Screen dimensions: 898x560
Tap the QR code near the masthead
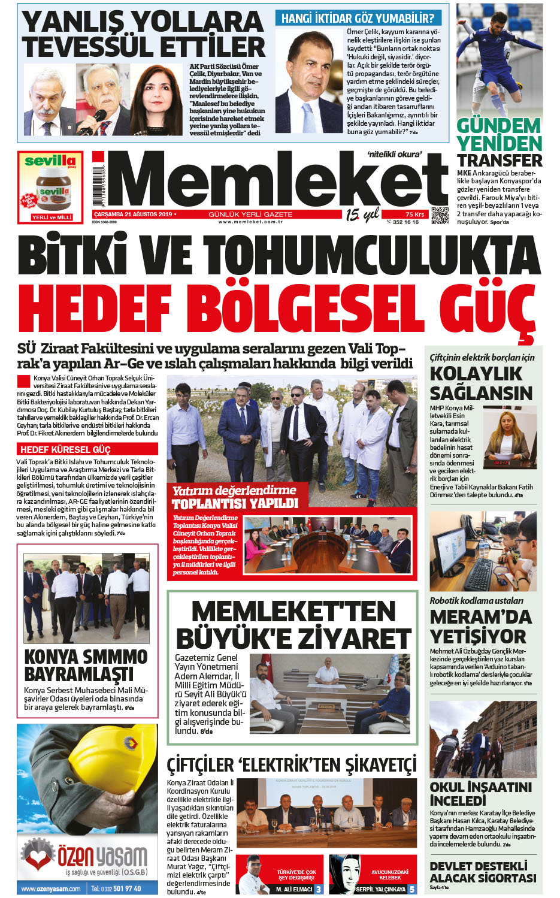440,215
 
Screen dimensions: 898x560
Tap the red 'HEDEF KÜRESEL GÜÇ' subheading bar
87,449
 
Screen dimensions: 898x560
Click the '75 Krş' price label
414,214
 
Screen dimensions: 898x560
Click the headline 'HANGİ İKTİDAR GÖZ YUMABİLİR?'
358,19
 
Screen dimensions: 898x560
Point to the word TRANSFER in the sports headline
500,161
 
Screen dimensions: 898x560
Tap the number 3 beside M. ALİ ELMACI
318,890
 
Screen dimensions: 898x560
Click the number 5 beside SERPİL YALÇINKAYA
411,890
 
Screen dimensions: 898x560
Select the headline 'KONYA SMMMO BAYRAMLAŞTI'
86,665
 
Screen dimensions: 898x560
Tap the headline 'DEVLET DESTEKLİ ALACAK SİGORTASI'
483,872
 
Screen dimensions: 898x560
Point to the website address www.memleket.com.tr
250,222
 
